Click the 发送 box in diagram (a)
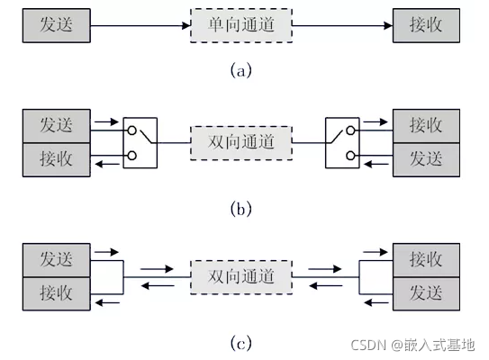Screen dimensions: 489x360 tap(57, 25)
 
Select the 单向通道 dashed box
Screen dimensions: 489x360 tap(241, 25)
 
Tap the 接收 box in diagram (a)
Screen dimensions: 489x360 tap(426, 25)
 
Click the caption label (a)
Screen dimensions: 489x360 tap(240, 70)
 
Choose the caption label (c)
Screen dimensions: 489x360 tap(240, 343)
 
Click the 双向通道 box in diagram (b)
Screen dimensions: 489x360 tap(241, 143)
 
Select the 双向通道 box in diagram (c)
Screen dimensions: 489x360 tap(241, 277)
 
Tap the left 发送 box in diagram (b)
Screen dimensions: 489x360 tap(57, 126)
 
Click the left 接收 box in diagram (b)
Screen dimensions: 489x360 tap(57, 160)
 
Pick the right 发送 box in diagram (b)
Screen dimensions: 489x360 tap(426, 160)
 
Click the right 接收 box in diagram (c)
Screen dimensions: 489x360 tap(426, 260)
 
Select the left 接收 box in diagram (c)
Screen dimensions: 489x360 tap(57, 294)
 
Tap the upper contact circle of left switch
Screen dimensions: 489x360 tap(132, 130)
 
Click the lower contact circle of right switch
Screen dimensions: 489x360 tap(350, 155)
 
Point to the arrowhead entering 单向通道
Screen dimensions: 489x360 tap(186, 25)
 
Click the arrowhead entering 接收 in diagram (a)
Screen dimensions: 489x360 tap(388, 25)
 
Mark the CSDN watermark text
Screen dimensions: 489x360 tap(413, 345)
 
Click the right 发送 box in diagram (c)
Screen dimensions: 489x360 tap(426, 294)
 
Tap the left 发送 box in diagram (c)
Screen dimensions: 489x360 tap(57, 260)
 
